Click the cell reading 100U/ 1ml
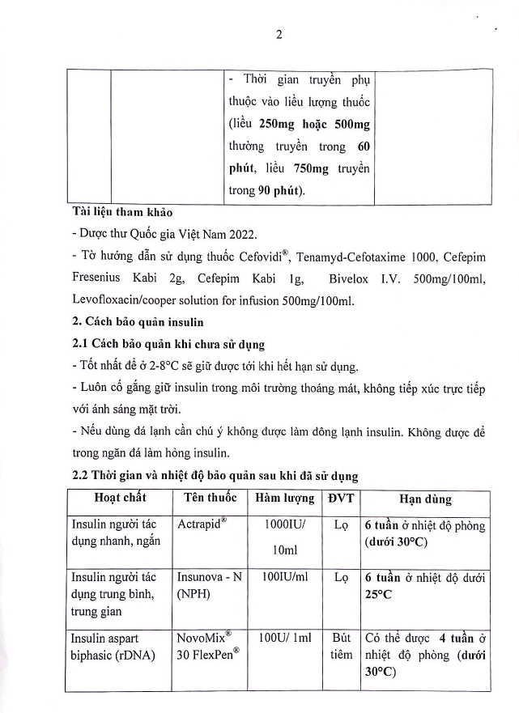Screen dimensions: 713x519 (x=284, y=638)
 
